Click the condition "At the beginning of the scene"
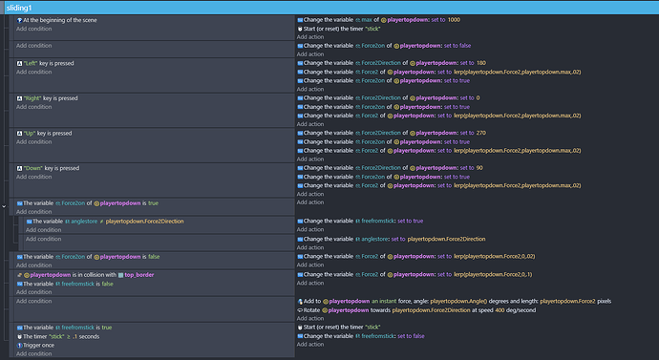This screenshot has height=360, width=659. point(60,20)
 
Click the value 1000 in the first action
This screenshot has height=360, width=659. point(453,20)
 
